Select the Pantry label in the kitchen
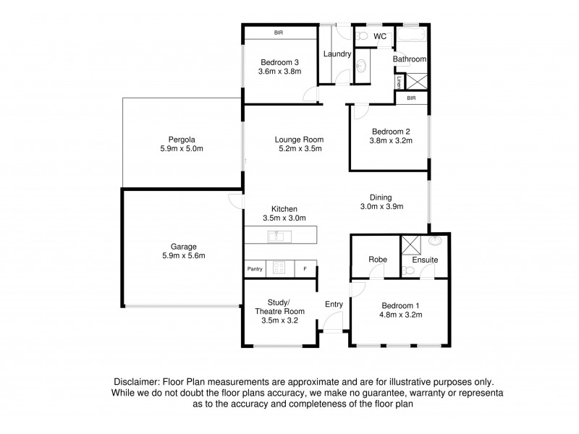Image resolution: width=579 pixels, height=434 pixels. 254,269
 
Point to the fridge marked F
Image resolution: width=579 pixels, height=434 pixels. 305,269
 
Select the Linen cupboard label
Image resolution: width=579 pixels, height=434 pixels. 399,82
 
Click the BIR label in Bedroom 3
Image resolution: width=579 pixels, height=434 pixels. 278,33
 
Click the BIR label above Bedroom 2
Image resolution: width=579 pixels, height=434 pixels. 411,98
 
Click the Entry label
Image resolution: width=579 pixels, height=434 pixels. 334,304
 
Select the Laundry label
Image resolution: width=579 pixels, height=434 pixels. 337,54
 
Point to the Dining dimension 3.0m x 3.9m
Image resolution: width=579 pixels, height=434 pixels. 381,206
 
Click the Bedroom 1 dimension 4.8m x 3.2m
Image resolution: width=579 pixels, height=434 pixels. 400,315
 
